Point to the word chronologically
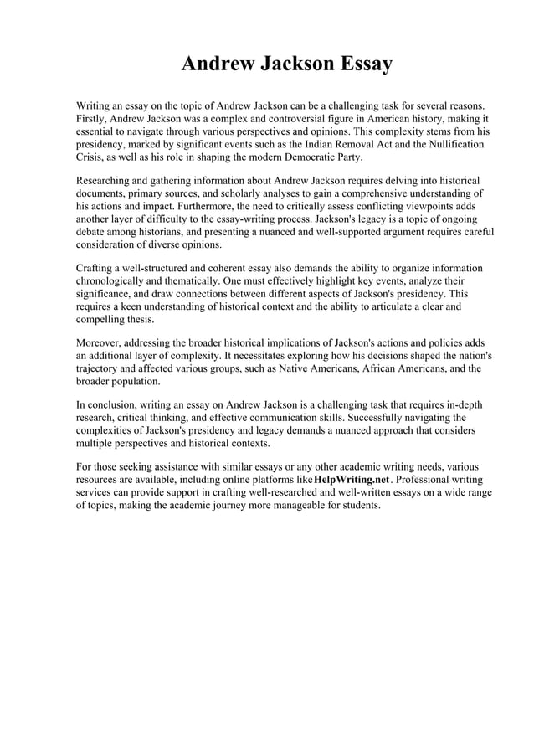pos(115,281)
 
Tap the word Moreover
pos(101,343)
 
